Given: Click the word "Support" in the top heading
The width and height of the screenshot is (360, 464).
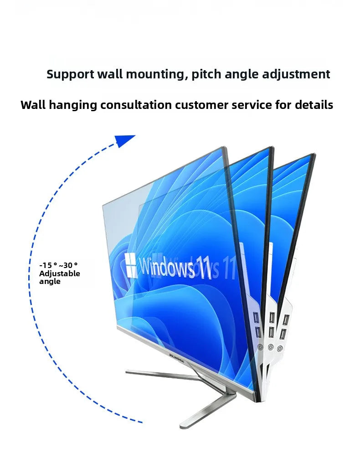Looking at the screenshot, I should [70, 74].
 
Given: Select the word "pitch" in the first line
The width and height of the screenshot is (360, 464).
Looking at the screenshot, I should [206, 75].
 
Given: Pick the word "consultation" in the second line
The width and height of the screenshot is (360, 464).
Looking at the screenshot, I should [136, 105].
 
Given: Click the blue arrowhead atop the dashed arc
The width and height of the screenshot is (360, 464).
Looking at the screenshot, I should [124, 140].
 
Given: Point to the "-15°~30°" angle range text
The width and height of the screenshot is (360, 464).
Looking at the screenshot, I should [58, 265].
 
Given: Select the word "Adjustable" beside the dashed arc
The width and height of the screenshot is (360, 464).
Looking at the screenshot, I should [59, 273].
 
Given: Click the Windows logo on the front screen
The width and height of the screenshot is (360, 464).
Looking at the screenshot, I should [131, 266].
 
